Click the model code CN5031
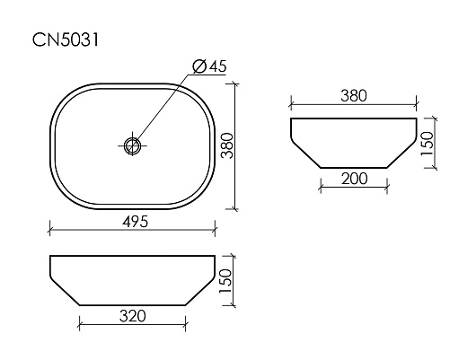[x=66, y=40]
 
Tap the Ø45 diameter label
[x=210, y=66]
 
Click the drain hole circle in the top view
[x=132, y=145]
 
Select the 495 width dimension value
[x=135, y=221]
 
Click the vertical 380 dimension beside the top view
[x=227, y=145]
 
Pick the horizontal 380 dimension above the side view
[x=354, y=96]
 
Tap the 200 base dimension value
[x=354, y=179]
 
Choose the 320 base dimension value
[x=133, y=316]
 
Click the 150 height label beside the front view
[x=225, y=281]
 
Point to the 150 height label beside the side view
[x=428, y=144]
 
